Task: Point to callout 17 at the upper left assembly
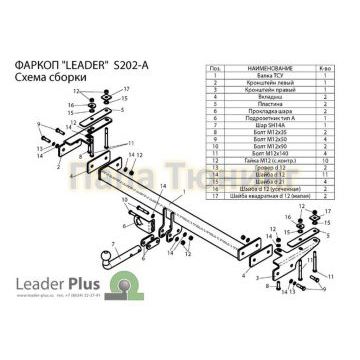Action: click(127, 90)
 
